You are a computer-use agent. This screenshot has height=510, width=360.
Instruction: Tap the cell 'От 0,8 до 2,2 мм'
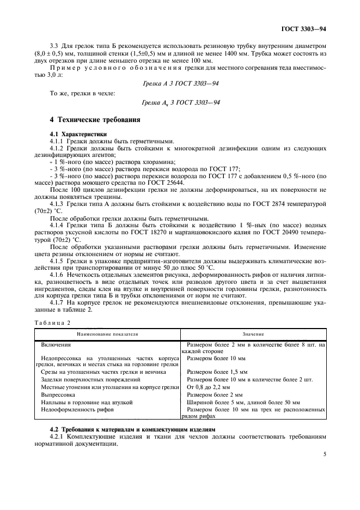210,386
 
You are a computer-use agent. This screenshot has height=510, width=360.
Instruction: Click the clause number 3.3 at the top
53,46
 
